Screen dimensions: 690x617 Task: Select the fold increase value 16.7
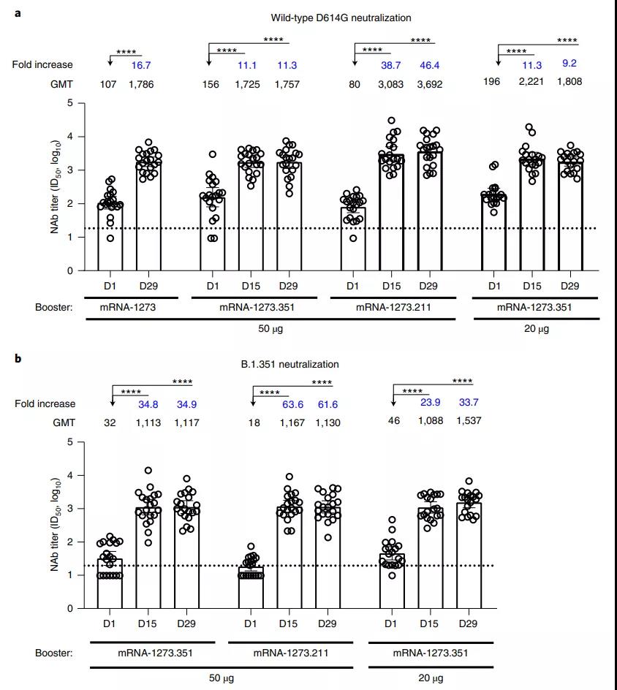coord(140,65)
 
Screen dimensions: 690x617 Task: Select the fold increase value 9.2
coord(570,64)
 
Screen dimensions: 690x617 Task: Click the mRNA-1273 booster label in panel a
coord(129,308)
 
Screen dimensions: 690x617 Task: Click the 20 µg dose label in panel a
coord(536,329)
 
